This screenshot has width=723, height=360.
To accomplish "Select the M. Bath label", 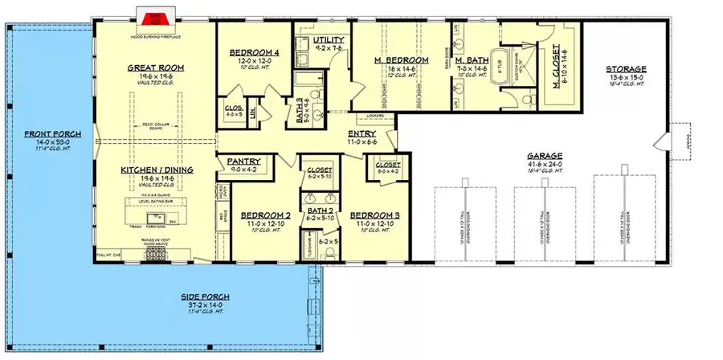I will [x=468, y=61].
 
